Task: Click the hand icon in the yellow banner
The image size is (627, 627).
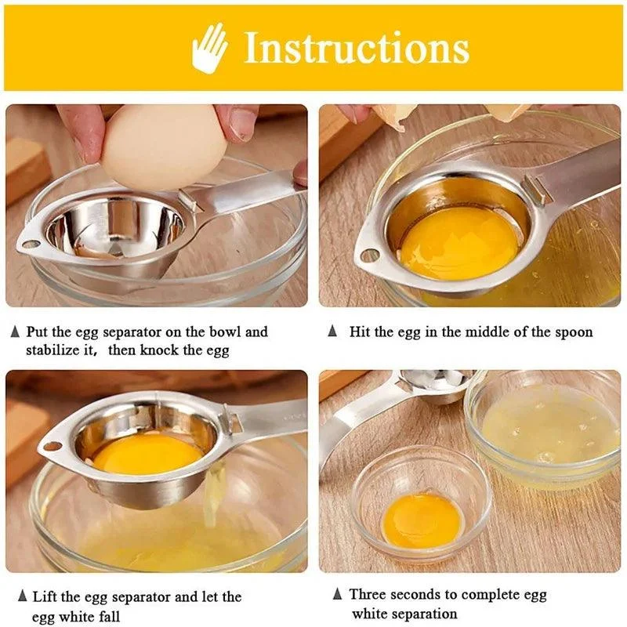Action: [x=209, y=49]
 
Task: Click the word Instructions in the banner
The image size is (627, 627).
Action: [x=357, y=49]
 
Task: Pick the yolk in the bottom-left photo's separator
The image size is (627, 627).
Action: [x=147, y=454]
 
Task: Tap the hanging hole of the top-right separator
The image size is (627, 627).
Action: [x=367, y=256]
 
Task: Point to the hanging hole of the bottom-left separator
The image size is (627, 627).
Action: [x=53, y=446]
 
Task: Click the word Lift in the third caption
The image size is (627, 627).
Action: [x=45, y=597]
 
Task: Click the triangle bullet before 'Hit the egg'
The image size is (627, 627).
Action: [x=332, y=332]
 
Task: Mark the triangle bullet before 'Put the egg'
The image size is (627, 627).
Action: [x=15, y=332]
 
